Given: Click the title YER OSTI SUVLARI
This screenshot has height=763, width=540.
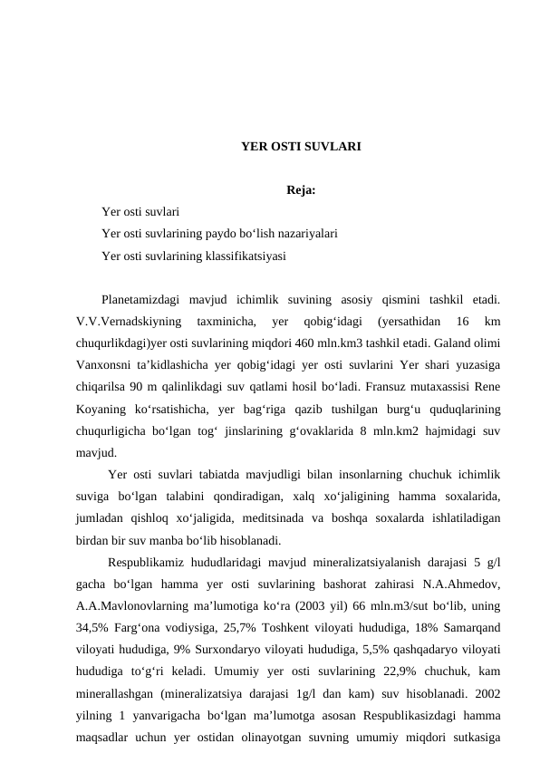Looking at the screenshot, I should tap(301, 145).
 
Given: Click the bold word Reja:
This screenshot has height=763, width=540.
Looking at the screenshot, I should tap(301, 190).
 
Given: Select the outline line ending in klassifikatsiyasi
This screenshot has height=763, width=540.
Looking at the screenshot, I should tap(194, 256).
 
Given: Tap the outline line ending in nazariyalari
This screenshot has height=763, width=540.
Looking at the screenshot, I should tap(220, 234).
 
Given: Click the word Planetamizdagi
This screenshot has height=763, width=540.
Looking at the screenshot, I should tap(140, 298).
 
